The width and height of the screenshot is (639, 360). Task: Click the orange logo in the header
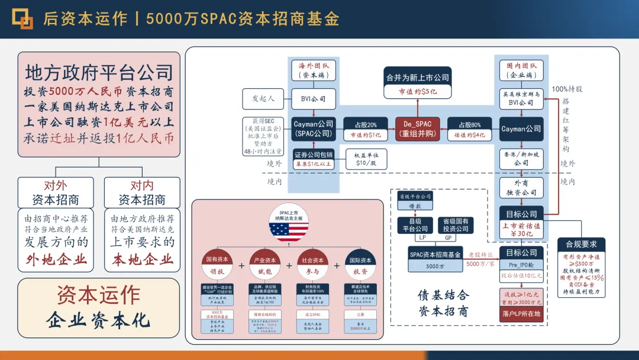[22, 18]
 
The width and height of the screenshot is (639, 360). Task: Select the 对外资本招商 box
[56, 192]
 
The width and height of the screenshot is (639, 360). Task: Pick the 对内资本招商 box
[142, 192]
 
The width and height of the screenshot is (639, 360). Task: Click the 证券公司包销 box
[314, 159]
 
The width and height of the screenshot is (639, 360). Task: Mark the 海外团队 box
[314, 70]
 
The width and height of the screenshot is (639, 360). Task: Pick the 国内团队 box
[521, 70]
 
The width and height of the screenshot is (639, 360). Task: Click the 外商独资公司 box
[521, 188]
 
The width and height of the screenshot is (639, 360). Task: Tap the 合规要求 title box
[581, 244]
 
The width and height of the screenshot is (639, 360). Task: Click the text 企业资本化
[98, 320]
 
